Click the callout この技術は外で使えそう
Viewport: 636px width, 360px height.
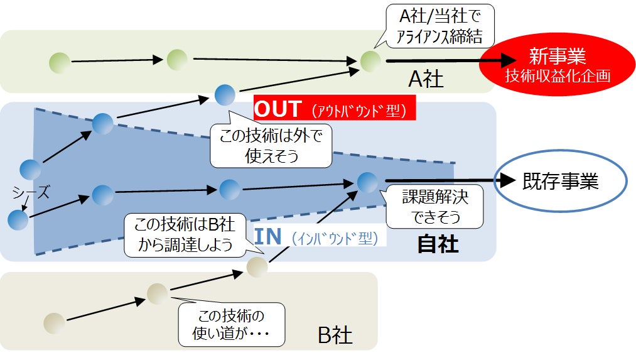point(271,145)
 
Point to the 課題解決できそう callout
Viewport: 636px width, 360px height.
point(434,207)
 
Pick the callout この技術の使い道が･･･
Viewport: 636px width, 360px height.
point(231,324)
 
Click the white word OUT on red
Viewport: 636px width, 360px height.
point(278,109)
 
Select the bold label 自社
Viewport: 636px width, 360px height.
point(438,244)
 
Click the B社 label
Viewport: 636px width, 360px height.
point(335,335)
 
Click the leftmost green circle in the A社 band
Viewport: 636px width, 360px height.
point(60,62)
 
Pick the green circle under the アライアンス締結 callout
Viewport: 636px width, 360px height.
point(370,61)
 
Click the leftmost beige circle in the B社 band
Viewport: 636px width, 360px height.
point(55,323)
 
